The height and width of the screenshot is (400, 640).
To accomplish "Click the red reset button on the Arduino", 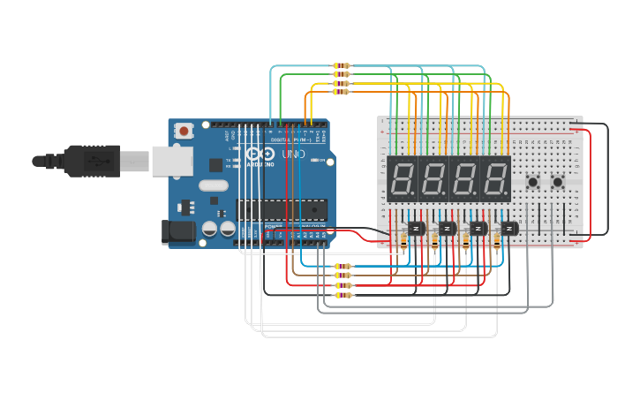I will (184, 131).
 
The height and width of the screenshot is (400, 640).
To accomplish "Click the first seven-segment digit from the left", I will (402, 178).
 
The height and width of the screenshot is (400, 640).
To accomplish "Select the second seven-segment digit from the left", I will (433, 178).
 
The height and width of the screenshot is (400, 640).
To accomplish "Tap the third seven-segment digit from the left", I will (464, 178).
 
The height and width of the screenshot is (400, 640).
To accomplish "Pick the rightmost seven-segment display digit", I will (495, 178).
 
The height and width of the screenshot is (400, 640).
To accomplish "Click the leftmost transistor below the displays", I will (417, 229).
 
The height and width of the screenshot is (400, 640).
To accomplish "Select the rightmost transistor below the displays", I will (509, 229).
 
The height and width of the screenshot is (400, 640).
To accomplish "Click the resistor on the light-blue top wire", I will (341, 66).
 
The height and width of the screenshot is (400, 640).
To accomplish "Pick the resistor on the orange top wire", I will (341, 91).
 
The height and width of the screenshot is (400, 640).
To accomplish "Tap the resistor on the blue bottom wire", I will (342, 266).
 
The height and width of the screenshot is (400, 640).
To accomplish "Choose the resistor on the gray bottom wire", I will (342, 296).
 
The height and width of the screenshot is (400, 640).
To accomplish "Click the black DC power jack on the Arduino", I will (177, 232).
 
